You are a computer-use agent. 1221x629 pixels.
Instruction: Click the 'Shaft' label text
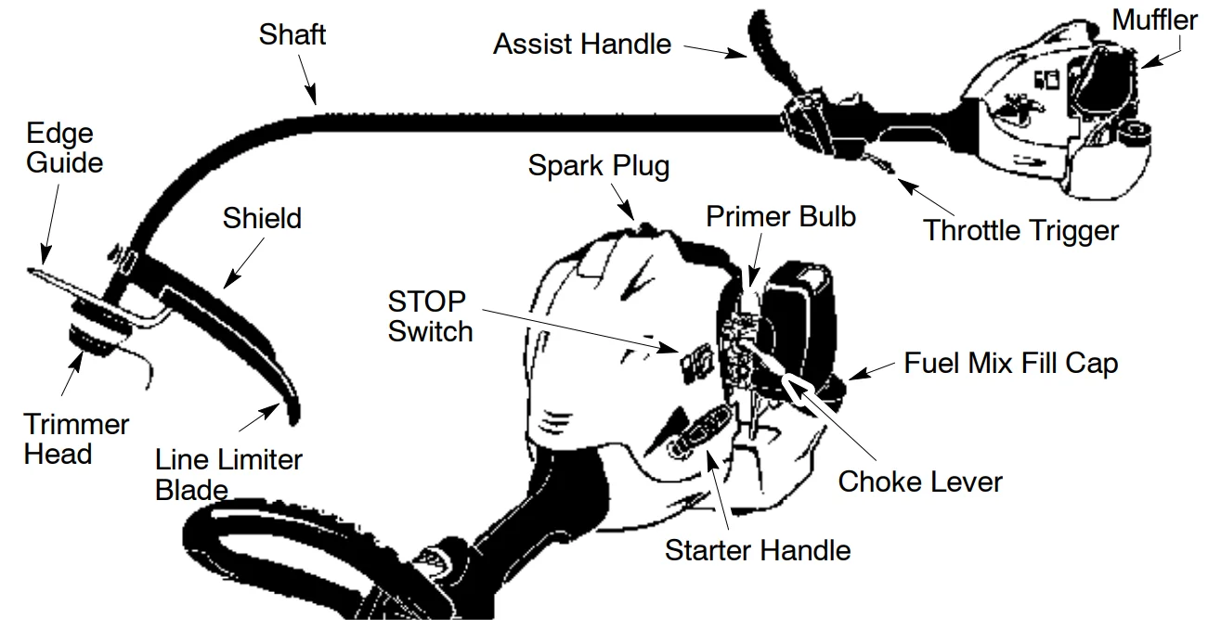pos(292,35)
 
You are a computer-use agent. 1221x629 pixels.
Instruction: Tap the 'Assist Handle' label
pos(582,44)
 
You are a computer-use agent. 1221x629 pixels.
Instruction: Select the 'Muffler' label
pos(1155,19)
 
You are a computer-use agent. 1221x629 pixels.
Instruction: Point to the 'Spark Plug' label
pos(598,166)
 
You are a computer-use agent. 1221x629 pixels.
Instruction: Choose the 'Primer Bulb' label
pos(781,216)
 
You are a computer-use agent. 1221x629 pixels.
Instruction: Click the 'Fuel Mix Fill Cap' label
pos(1011,363)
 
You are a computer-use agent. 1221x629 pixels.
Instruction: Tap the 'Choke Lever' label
pos(920,481)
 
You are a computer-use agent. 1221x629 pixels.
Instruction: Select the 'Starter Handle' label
pos(758,550)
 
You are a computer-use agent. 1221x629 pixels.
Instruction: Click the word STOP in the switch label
pos(427,302)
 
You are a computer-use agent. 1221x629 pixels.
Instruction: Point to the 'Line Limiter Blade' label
pos(228,473)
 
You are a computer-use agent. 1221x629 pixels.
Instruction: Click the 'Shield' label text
pos(262,219)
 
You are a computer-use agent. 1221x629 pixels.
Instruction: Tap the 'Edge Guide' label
pos(64,148)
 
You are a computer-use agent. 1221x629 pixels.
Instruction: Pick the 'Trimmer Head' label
pos(76,439)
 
